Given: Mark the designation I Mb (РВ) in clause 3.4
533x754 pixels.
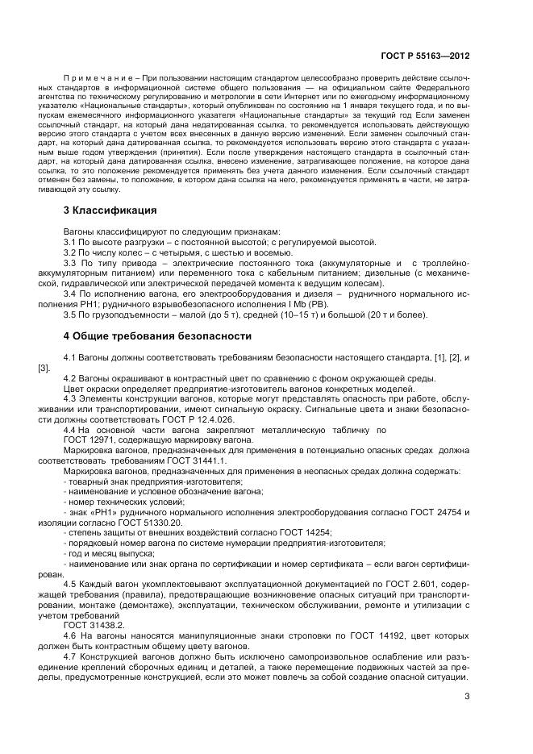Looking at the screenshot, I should tap(247, 305).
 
